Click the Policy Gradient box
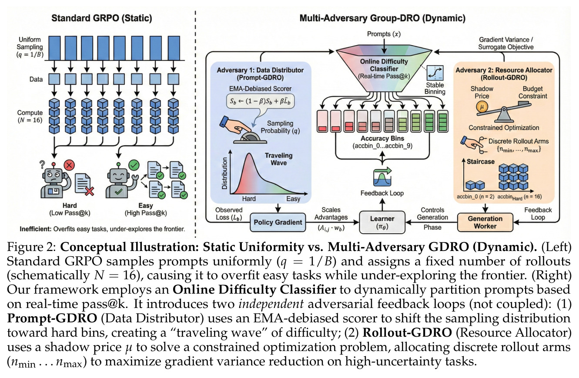click(x=278, y=222)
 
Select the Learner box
click(x=382, y=222)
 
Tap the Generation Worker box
click(x=485, y=222)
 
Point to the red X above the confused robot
click(x=69, y=165)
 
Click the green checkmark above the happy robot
click(x=134, y=165)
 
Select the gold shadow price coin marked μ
click(x=482, y=107)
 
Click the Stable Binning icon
click(x=435, y=73)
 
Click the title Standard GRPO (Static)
click(x=102, y=18)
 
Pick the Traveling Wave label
click(x=279, y=159)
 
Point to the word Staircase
click(x=481, y=161)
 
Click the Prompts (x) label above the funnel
click(x=384, y=34)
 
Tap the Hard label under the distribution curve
click(x=249, y=198)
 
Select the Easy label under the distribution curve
click(x=293, y=198)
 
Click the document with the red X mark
click(x=84, y=184)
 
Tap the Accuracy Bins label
click(x=382, y=138)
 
